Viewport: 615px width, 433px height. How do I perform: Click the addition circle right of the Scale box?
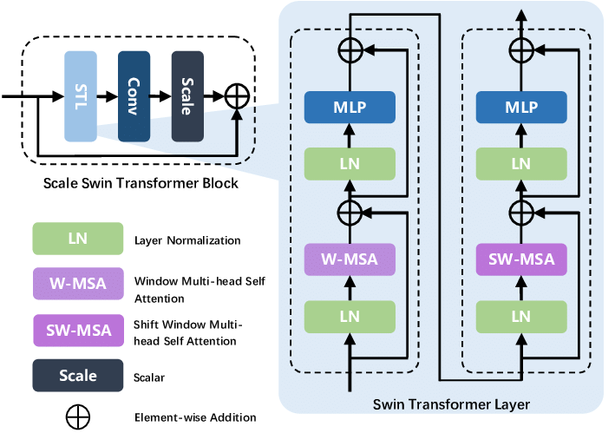[236, 97]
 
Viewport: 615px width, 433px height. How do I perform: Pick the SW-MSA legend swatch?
[77, 331]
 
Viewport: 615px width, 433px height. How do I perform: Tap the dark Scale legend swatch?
[77, 377]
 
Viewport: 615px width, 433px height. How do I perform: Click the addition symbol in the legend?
[77, 417]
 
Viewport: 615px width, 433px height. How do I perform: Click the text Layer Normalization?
[188, 240]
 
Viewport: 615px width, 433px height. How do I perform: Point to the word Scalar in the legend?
[151, 377]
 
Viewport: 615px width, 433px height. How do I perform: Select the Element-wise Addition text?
[195, 417]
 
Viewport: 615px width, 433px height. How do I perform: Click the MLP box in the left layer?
[349, 107]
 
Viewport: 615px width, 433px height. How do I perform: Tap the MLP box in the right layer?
[520, 107]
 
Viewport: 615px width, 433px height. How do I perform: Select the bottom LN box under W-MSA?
[349, 317]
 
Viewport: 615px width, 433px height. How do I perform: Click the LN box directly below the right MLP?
[520, 163]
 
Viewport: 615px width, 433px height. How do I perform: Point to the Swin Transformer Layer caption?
[450, 404]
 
